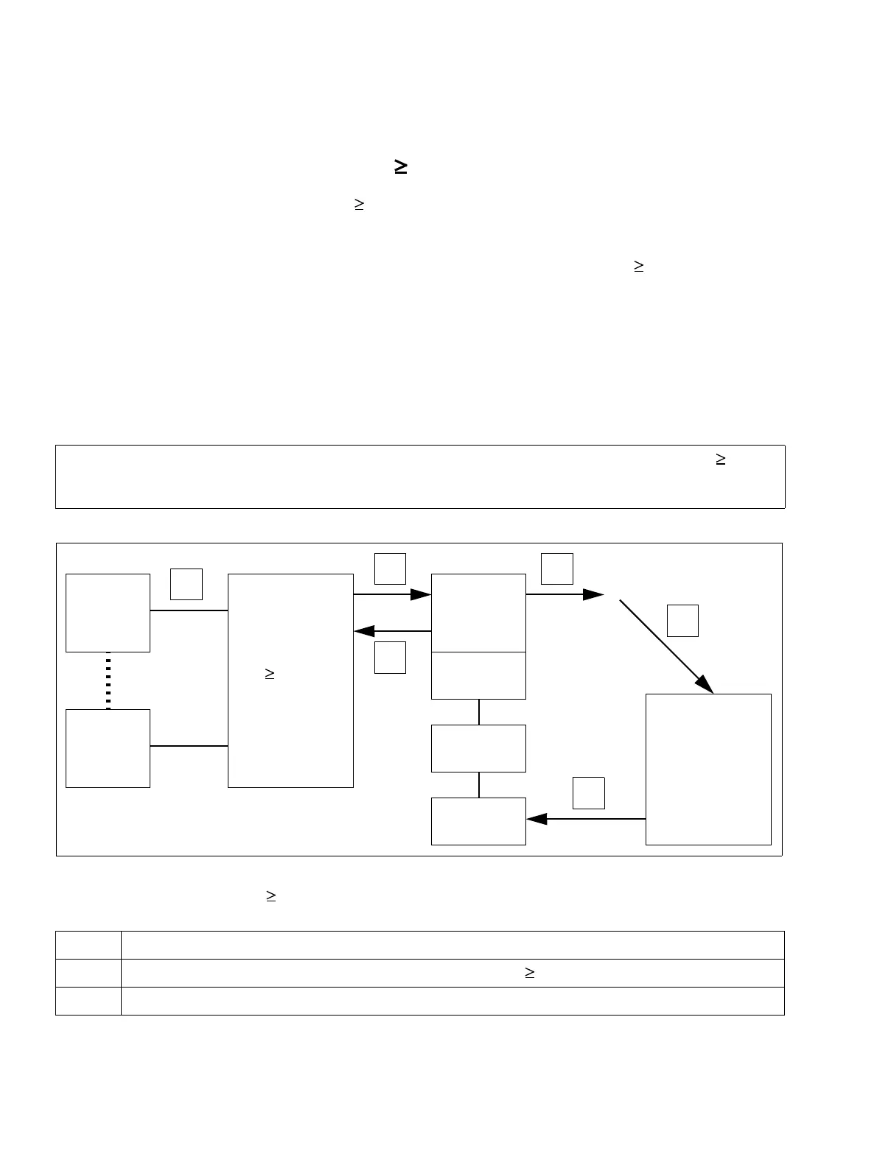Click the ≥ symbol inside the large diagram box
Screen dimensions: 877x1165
pyautogui.click(x=270, y=673)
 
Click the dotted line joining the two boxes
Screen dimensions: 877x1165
pyautogui.click(x=108, y=680)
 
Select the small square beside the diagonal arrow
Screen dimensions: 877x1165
pyautogui.click(x=682, y=620)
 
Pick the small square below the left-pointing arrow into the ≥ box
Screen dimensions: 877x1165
pyautogui.click(x=390, y=657)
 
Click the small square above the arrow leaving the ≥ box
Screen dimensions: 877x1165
pyautogui.click(x=390, y=569)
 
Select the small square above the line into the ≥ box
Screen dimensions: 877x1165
pyautogui.click(x=186, y=583)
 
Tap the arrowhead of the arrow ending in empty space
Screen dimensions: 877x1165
pyautogui.click(x=593, y=594)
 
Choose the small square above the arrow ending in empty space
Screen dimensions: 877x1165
pyautogui.click(x=557, y=569)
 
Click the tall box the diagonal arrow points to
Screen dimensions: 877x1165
pyautogui.click(x=708, y=769)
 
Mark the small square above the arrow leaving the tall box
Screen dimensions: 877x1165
pyautogui.click(x=589, y=792)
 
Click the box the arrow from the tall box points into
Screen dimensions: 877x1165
pyautogui.click(x=478, y=821)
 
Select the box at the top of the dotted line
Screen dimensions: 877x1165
pyautogui.click(x=108, y=613)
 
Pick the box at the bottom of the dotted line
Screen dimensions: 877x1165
pyautogui.click(x=108, y=748)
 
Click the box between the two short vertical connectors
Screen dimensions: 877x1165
pyautogui.click(x=478, y=748)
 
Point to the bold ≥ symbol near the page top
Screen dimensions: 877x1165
pyautogui.click(x=402, y=167)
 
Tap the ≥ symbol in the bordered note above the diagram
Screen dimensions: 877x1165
pyautogui.click(x=721, y=459)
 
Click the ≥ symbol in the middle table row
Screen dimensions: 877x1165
pyautogui.click(x=529, y=973)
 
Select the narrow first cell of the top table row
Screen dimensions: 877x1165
pyautogui.click(x=88, y=945)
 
